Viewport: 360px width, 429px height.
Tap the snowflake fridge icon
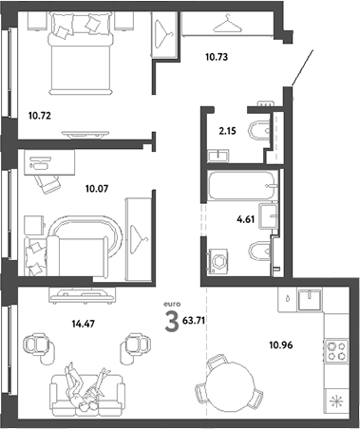click(x=336, y=400)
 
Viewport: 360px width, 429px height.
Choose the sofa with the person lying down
click(x=85, y=388)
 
